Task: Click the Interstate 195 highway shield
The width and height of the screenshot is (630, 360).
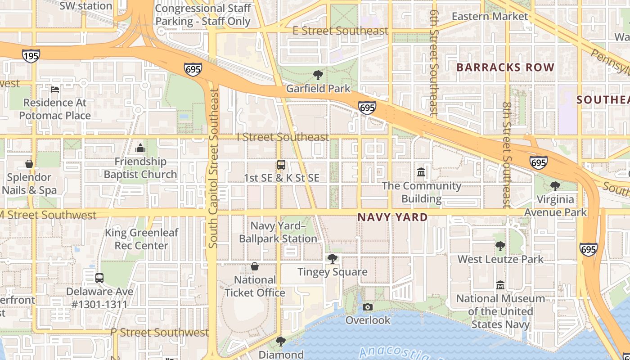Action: [x=31, y=56]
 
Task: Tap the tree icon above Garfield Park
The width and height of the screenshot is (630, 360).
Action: [x=318, y=75]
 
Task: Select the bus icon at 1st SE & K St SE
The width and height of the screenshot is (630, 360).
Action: [x=281, y=165]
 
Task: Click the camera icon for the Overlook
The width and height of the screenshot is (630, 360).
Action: [x=368, y=307]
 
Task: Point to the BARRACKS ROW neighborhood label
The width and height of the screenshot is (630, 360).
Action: [x=505, y=67]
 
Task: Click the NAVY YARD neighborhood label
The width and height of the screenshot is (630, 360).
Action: [x=392, y=217]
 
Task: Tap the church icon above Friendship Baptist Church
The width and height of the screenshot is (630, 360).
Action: [x=140, y=148]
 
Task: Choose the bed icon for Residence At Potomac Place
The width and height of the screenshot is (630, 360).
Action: [x=55, y=89]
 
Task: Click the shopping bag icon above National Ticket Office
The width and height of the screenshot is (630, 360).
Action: [x=255, y=266]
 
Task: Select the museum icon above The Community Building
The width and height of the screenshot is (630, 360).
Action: [x=422, y=172]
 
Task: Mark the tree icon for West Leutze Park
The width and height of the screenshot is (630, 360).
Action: [x=500, y=246]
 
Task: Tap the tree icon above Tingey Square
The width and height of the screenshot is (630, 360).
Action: [x=333, y=258]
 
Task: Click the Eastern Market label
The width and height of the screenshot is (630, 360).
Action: [x=490, y=17]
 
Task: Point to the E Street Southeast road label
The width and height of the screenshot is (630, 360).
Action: [x=340, y=31]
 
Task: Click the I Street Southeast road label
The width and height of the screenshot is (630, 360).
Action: [x=283, y=137]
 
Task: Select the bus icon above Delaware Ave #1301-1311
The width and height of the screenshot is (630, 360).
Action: [x=99, y=278]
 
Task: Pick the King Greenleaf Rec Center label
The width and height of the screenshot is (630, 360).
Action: [x=141, y=239]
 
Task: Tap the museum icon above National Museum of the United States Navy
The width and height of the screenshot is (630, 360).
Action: [x=500, y=285]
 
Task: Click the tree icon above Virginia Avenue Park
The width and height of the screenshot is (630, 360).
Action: [x=555, y=186]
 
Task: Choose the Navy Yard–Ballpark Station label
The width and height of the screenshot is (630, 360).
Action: [x=278, y=232]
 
